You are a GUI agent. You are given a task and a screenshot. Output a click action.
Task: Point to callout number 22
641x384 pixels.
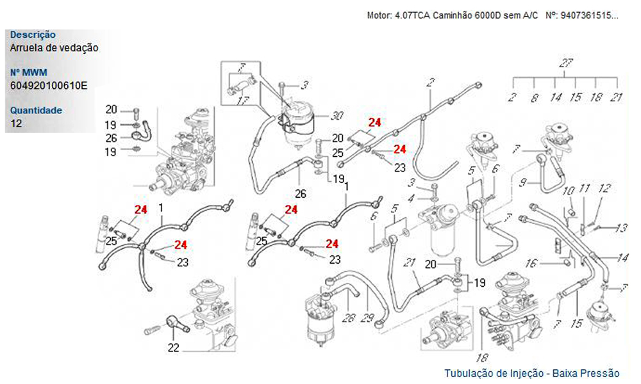(173, 348)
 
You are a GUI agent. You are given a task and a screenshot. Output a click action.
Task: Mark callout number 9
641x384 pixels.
(524, 182)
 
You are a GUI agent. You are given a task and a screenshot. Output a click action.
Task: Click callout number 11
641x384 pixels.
(584, 189)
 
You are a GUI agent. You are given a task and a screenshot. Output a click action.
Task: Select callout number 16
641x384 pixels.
(531, 262)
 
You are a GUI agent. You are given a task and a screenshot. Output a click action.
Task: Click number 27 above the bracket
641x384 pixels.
(565, 63)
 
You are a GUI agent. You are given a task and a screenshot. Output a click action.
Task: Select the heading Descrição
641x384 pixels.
(33, 35)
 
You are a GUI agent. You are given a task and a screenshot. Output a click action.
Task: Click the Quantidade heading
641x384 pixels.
(36, 110)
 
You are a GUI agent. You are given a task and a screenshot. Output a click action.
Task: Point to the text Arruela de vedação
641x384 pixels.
(54, 47)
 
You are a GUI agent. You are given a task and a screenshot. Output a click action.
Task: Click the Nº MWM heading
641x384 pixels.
(29, 72)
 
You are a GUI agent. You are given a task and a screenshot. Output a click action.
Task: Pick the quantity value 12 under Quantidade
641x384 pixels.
(16, 123)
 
